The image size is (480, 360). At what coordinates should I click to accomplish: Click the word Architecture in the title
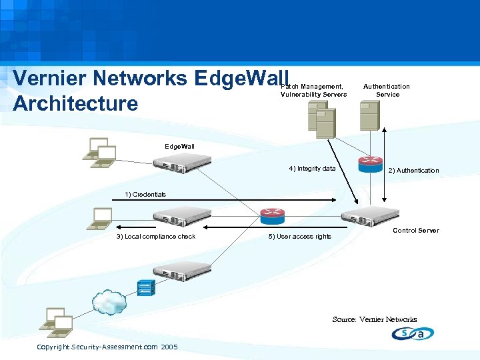click(75, 104)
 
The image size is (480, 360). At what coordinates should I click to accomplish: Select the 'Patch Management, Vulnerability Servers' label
click(313, 90)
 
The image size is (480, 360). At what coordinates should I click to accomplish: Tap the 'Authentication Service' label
click(387, 90)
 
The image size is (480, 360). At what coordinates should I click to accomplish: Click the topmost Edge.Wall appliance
click(181, 162)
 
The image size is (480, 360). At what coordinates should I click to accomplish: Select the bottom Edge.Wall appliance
click(181, 269)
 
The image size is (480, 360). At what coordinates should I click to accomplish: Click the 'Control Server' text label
click(415, 231)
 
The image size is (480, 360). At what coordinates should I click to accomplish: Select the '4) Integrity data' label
click(312, 169)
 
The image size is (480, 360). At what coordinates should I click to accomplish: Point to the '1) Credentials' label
click(145, 195)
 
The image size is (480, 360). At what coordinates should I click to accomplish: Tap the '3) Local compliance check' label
click(156, 237)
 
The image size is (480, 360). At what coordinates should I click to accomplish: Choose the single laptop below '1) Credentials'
click(102, 218)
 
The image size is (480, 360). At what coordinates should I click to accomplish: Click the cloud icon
click(110, 303)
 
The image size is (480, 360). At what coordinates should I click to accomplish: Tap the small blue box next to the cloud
click(145, 287)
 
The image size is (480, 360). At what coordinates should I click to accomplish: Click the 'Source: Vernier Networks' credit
click(374, 319)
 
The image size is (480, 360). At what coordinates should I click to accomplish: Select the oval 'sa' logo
click(413, 334)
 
